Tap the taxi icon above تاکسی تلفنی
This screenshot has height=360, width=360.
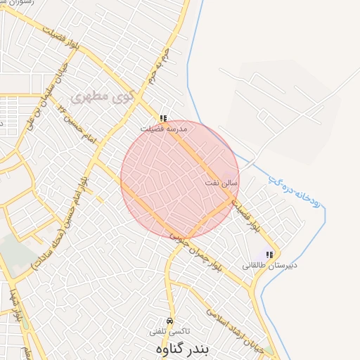[x=169, y=321]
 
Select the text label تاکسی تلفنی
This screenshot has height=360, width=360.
[x=169, y=330]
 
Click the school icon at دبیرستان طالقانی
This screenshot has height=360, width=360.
[x=269, y=255]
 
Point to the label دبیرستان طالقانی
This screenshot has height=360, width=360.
[x=270, y=265]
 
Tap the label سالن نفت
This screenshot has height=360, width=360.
[x=221, y=183]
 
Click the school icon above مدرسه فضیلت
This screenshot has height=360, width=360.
[x=164, y=119]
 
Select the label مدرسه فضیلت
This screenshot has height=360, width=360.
[x=163, y=129]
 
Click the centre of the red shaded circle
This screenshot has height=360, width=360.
[x=180, y=179]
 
